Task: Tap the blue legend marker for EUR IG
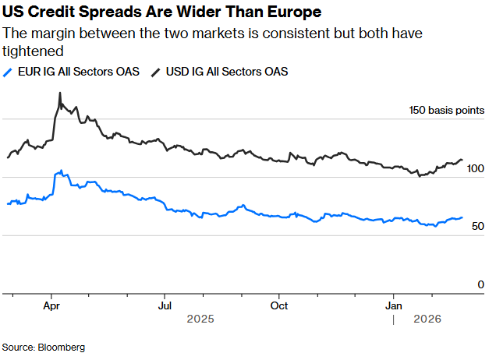click(8, 72)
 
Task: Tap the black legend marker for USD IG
click(156, 72)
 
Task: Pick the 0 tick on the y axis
click(481, 284)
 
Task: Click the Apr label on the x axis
click(51, 305)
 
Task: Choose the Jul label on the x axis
click(165, 305)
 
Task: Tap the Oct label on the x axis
click(278, 305)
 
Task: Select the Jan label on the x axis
click(394, 305)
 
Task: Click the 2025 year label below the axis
click(200, 319)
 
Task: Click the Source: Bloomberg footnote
click(44, 347)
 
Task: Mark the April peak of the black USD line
click(60, 94)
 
